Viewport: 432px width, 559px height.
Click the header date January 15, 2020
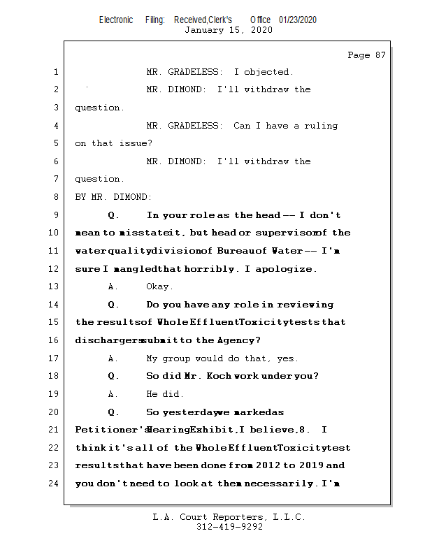229,30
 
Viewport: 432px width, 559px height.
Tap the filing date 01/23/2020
297,20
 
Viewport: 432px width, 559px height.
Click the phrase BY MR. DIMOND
113,197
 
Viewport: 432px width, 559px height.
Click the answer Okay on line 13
159,286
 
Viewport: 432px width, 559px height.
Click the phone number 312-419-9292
229,528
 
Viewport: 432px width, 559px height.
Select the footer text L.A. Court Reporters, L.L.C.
229,517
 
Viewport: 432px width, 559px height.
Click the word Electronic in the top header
116,20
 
